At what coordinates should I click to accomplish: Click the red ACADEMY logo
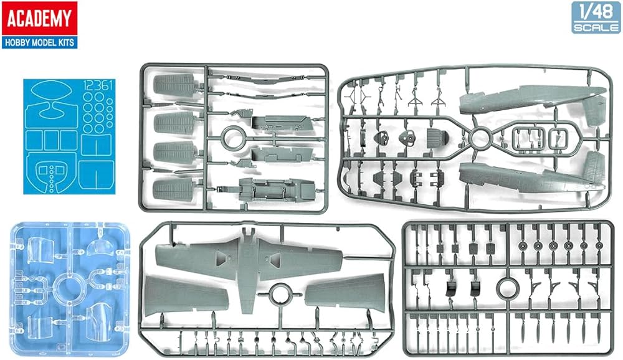[40, 18]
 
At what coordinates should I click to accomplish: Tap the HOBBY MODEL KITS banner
[40, 42]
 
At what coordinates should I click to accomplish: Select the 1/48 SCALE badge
[595, 17]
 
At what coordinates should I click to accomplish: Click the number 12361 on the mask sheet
[98, 85]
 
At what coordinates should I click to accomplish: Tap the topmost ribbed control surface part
[175, 85]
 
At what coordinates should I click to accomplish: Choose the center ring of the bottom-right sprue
[508, 287]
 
